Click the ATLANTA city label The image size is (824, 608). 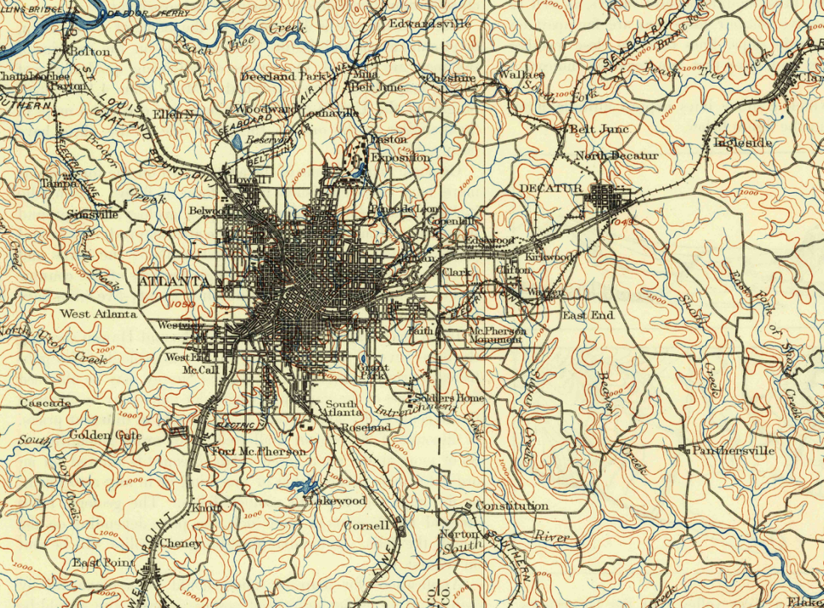coord(174,282)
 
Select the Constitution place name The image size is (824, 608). coord(512,507)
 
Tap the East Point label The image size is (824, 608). coord(103,563)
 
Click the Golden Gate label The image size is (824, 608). coord(106,435)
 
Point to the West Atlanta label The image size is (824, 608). coord(99,314)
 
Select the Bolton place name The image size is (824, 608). coord(89,52)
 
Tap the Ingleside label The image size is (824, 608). coord(742,142)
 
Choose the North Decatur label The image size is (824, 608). coord(616,156)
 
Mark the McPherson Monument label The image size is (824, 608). coord(496,335)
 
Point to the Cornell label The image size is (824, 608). coord(366,526)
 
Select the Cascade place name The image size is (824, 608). coord(45,404)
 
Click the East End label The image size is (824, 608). coord(588,315)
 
